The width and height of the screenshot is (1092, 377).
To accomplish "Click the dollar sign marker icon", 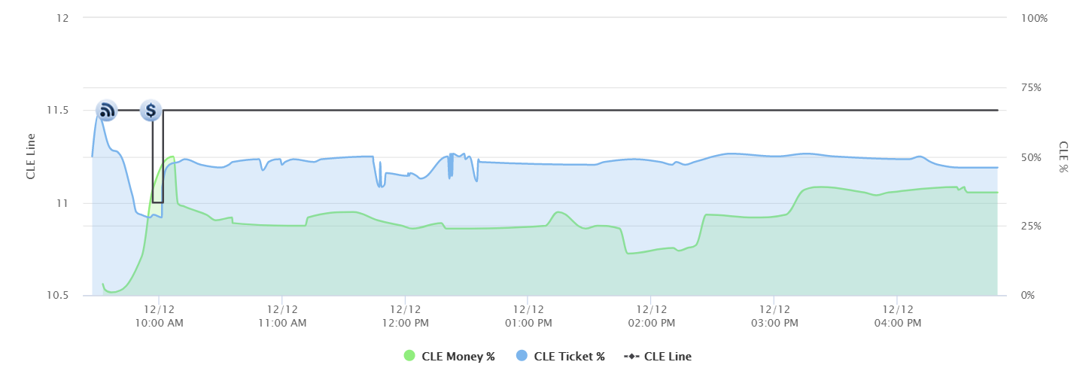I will [151, 111].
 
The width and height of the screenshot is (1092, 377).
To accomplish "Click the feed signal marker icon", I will [107, 111].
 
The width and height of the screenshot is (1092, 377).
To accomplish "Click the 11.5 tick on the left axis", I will [59, 111].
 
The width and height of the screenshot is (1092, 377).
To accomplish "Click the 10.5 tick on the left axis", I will [59, 296].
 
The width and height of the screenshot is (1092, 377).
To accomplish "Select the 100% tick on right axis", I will [1034, 18].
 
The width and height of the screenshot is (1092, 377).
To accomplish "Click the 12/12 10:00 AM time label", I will [159, 316].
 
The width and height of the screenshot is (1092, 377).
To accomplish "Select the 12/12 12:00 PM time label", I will [405, 316].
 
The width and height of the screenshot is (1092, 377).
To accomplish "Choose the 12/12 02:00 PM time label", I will [651, 316].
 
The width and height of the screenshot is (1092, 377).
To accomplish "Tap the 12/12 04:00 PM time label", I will [897, 316].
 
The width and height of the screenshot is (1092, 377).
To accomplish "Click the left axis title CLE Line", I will [31, 157].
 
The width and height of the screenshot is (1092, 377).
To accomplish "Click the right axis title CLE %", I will [1063, 157].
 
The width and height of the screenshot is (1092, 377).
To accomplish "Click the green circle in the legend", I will [409, 357].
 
